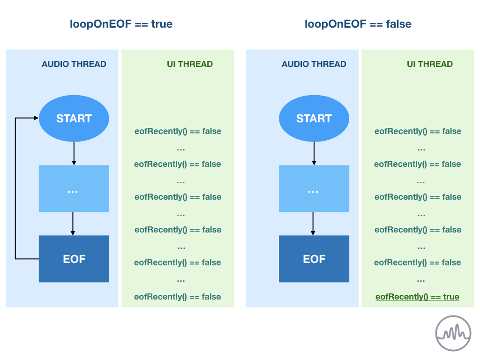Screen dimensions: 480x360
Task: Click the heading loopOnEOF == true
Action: (x=121, y=24)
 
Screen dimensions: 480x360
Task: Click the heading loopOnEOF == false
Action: (x=358, y=24)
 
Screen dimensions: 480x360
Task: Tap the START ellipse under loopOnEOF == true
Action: (x=74, y=118)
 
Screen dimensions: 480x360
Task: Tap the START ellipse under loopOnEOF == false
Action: (x=314, y=118)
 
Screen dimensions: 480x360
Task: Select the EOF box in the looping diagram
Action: (x=74, y=259)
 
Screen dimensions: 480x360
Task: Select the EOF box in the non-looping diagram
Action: (x=314, y=259)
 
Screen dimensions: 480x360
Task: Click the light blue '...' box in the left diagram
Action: (x=74, y=188)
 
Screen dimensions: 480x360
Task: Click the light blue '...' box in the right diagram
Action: (x=314, y=188)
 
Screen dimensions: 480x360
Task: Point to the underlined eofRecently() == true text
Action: (x=417, y=297)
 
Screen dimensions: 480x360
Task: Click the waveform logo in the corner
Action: (x=453, y=333)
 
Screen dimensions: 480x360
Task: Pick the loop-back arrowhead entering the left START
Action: (x=37, y=118)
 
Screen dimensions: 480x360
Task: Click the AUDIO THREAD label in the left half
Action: (x=74, y=64)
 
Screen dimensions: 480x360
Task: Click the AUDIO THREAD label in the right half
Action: (x=314, y=64)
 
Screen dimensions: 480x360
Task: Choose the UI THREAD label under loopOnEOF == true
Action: (x=190, y=64)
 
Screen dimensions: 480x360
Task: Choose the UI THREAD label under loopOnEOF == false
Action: (x=430, y=64)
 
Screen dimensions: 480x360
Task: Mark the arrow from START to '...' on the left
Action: (x=74, y=153)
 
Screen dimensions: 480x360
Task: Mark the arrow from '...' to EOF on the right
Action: (x=313, y=224)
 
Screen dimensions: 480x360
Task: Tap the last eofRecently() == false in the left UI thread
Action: (x=178, y=297)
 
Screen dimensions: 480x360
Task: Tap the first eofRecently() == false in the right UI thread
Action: (x=418, y=131)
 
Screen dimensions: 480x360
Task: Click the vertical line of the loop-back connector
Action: (x=15, y=188)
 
